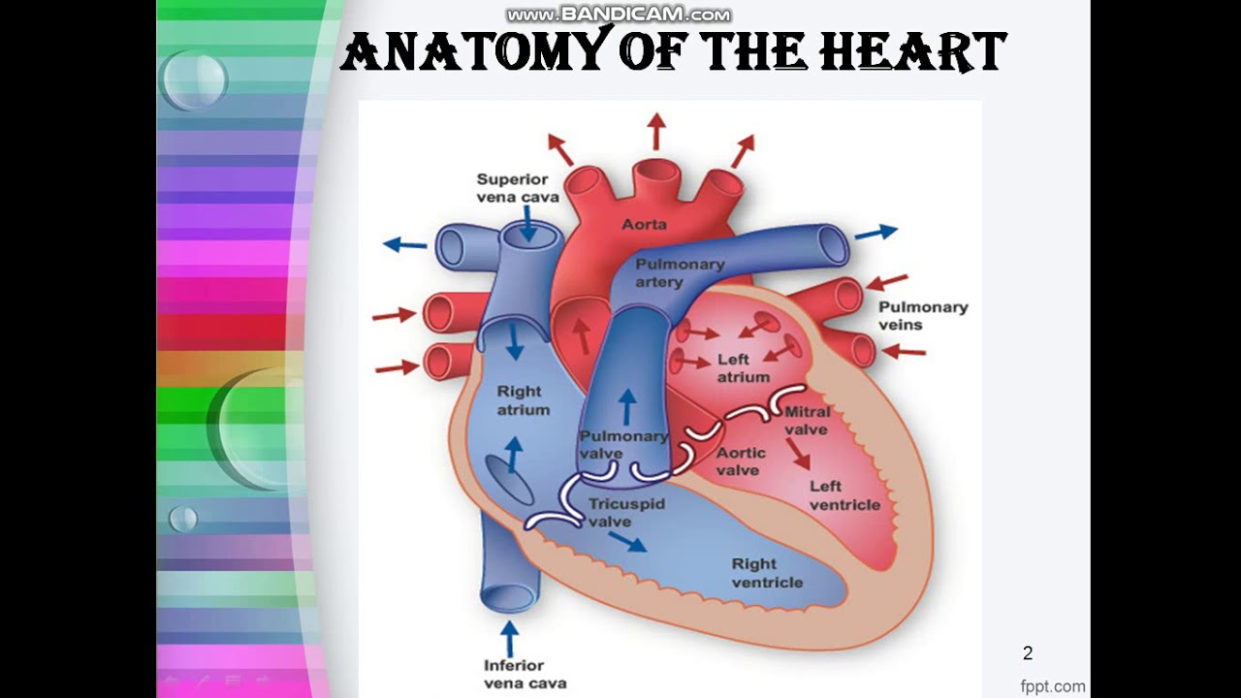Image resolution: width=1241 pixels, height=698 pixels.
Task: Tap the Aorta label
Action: (644, 224)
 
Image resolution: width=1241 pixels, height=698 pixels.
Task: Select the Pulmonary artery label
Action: (680, 272)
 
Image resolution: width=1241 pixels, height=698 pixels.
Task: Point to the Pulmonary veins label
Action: (922, 316)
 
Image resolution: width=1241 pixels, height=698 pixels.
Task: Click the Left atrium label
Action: (744, 368)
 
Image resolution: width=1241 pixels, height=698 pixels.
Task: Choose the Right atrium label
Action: (524, 400)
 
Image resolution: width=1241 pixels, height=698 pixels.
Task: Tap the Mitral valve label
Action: (807, 421)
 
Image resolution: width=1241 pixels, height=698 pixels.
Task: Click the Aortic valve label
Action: (741, 461)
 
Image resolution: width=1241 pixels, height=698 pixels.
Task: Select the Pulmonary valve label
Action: (623, 445)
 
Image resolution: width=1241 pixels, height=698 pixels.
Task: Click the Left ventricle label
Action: (844, 495)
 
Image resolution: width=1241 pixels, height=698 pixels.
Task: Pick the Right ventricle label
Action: (767, 573)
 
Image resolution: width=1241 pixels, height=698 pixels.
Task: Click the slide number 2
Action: (1028, 653)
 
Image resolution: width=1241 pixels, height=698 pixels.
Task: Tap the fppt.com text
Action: (1053, 686)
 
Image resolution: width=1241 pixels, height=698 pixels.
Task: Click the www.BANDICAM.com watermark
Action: (619, 15)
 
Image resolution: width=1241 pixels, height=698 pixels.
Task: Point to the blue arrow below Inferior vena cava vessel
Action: (509, 638)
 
